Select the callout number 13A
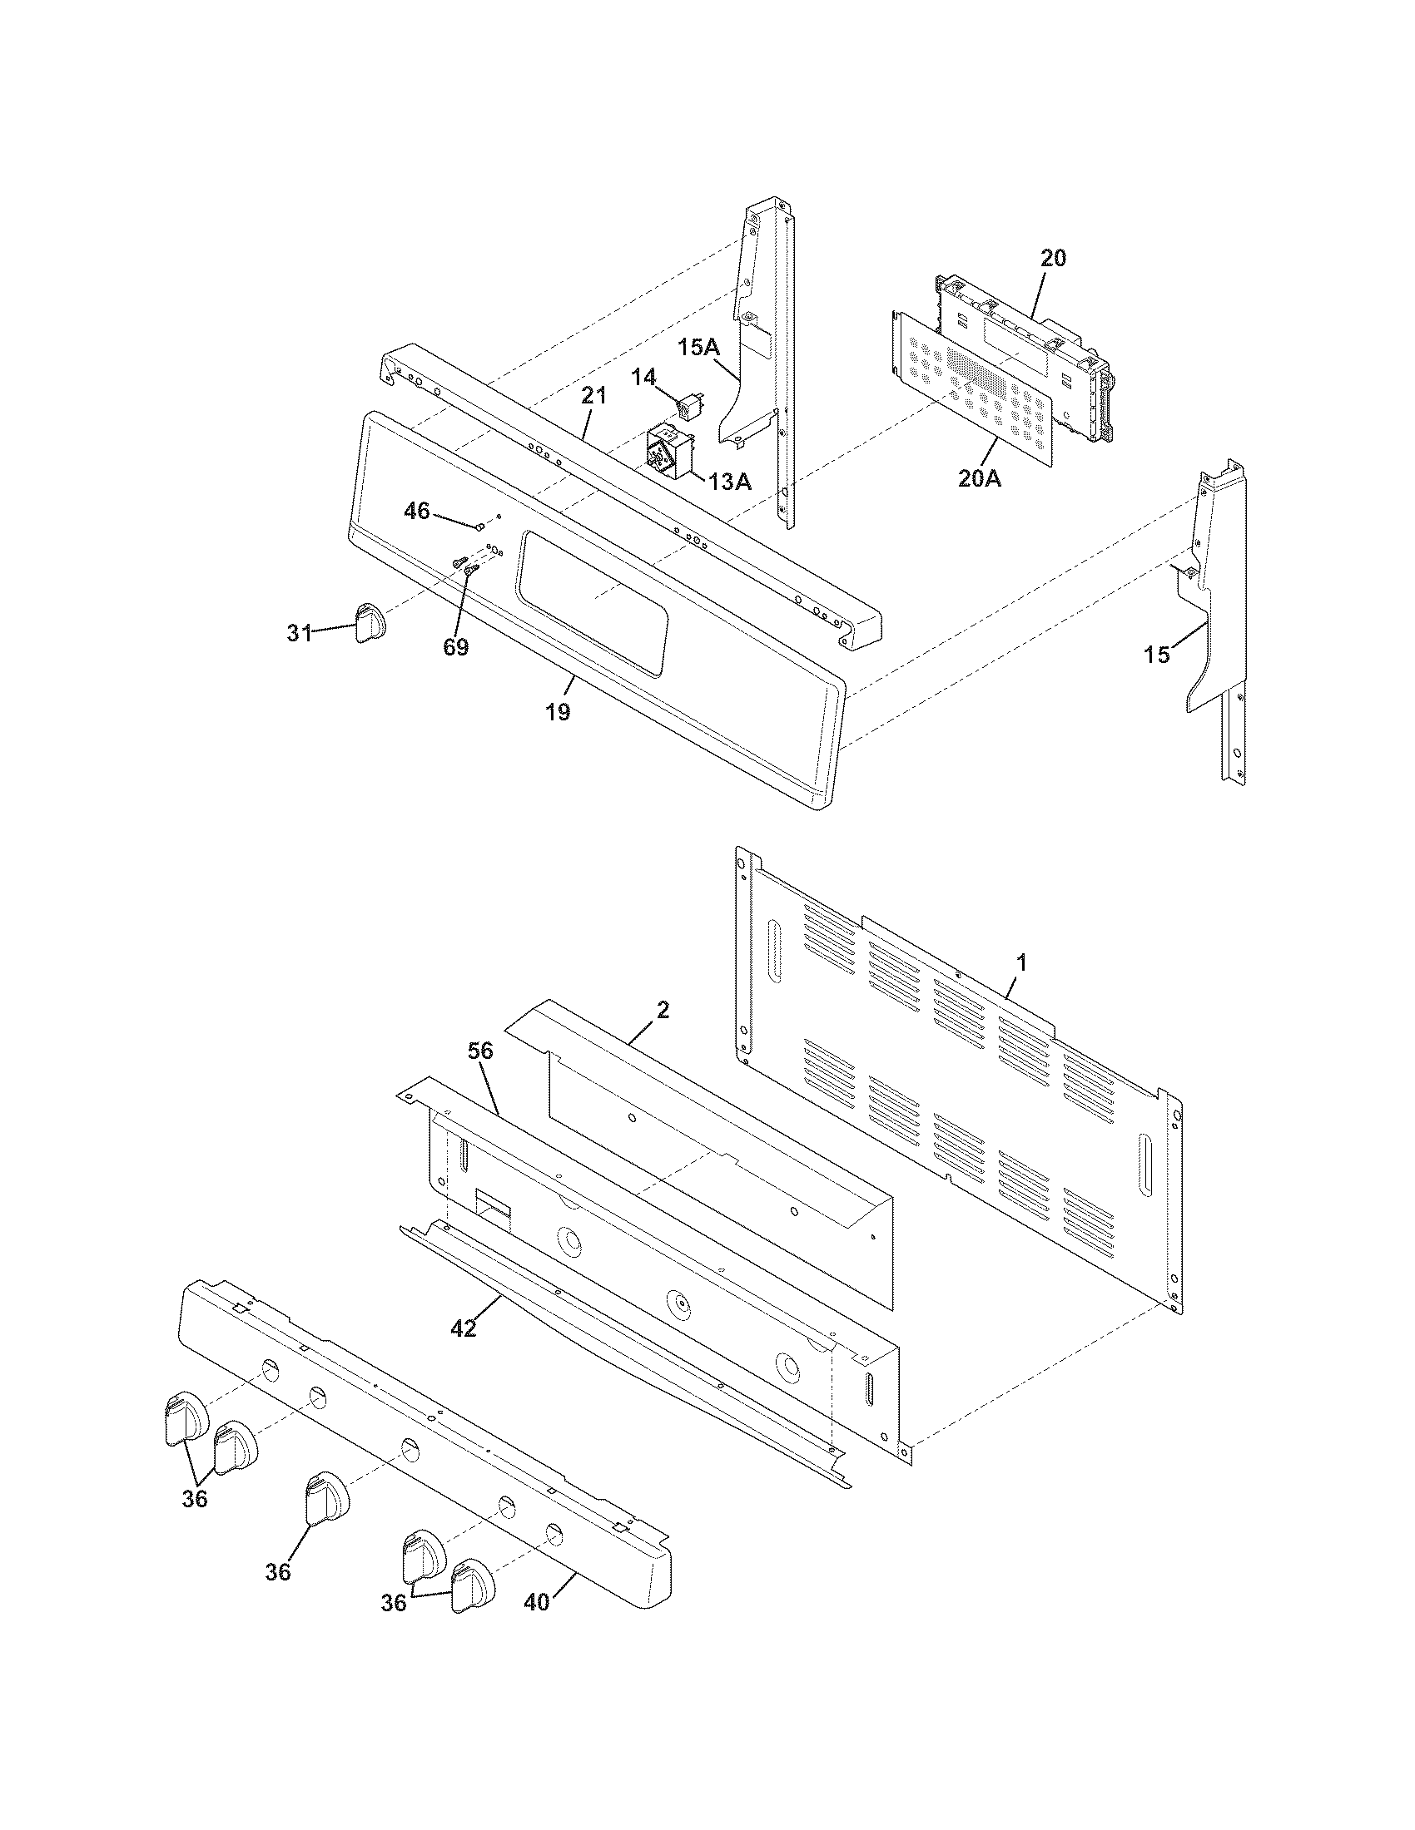(729, 482)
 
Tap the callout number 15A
(699, 347)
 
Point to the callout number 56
(481, 1051)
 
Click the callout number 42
(463, 1328)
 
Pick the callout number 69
(456, 647)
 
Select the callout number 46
(417, 510)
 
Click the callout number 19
(558, 711)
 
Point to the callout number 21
(593, 396)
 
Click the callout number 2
(663, 1011)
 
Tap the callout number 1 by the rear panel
(1020, 962)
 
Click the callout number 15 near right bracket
(1157, 655)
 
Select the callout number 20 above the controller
(1053, 259)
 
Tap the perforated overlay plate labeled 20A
(972, 385)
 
